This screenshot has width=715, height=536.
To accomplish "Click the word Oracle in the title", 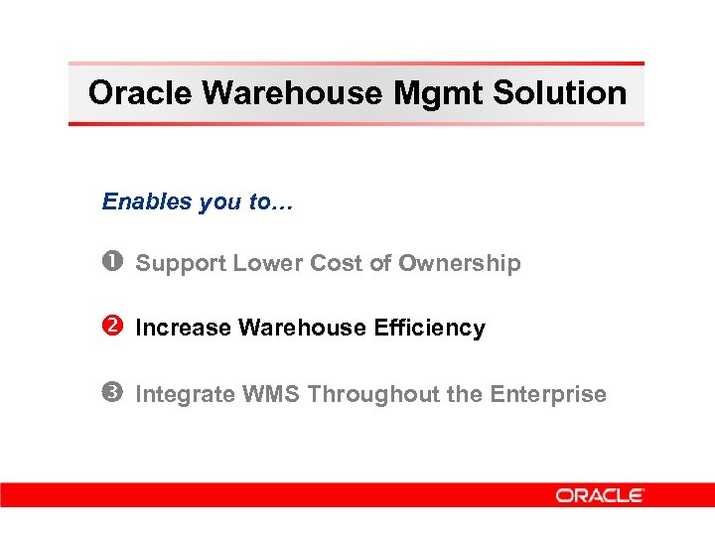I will [140, 93].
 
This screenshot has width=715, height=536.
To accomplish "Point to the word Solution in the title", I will [561, 93].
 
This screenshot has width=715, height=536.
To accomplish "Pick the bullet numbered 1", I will [110, 263].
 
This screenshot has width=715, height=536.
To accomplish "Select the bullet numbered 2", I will [110, 328].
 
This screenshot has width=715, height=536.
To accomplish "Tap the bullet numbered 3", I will [110, 394].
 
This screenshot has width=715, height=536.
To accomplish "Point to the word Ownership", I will [459, 263].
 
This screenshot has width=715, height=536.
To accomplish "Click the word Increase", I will [183, 328].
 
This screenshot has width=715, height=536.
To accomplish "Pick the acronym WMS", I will [269, 394].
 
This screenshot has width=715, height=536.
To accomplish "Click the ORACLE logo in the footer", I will [600, 494].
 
